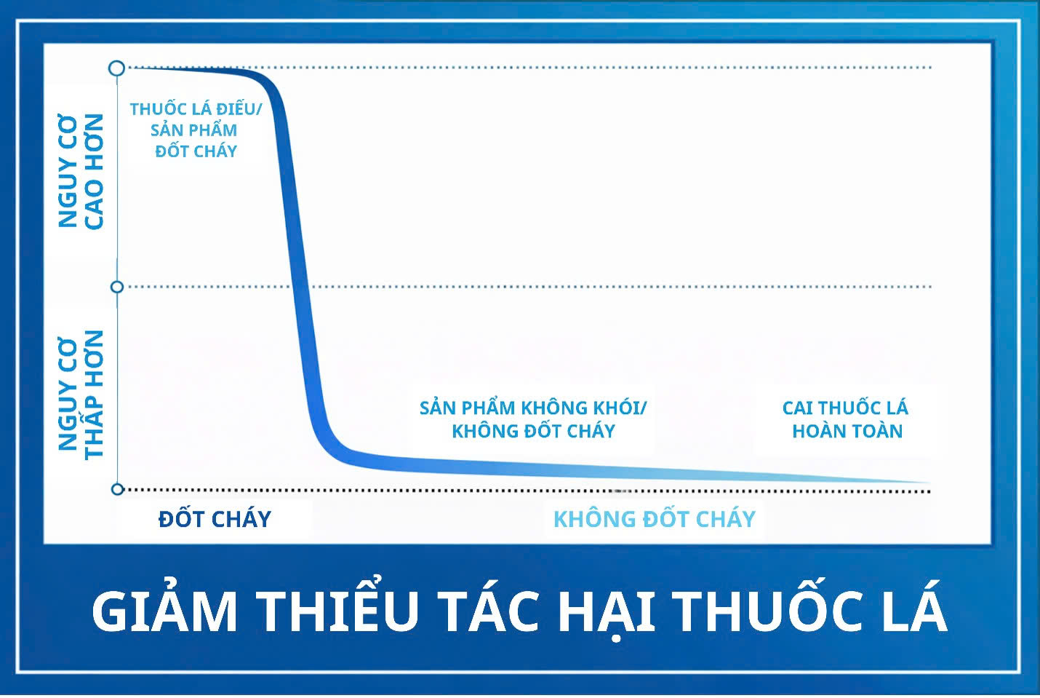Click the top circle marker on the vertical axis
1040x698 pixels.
pos(116,68)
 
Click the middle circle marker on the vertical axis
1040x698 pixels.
pos(116,287)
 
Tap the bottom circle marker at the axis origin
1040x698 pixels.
pos(117,489)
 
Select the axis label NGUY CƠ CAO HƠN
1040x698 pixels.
pos(81,172)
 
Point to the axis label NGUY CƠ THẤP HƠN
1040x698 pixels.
pos(81,394)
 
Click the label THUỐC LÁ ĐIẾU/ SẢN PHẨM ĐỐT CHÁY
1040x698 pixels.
pos(195,130)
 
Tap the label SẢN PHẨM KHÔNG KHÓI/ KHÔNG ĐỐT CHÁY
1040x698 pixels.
pos(533,419)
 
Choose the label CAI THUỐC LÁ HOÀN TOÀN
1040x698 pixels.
pos(846,419)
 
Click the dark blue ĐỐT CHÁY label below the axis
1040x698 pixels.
pos(215,519)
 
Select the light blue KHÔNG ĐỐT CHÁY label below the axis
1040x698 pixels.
pos(654,519)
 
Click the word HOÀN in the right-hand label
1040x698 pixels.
pos(817,432)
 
